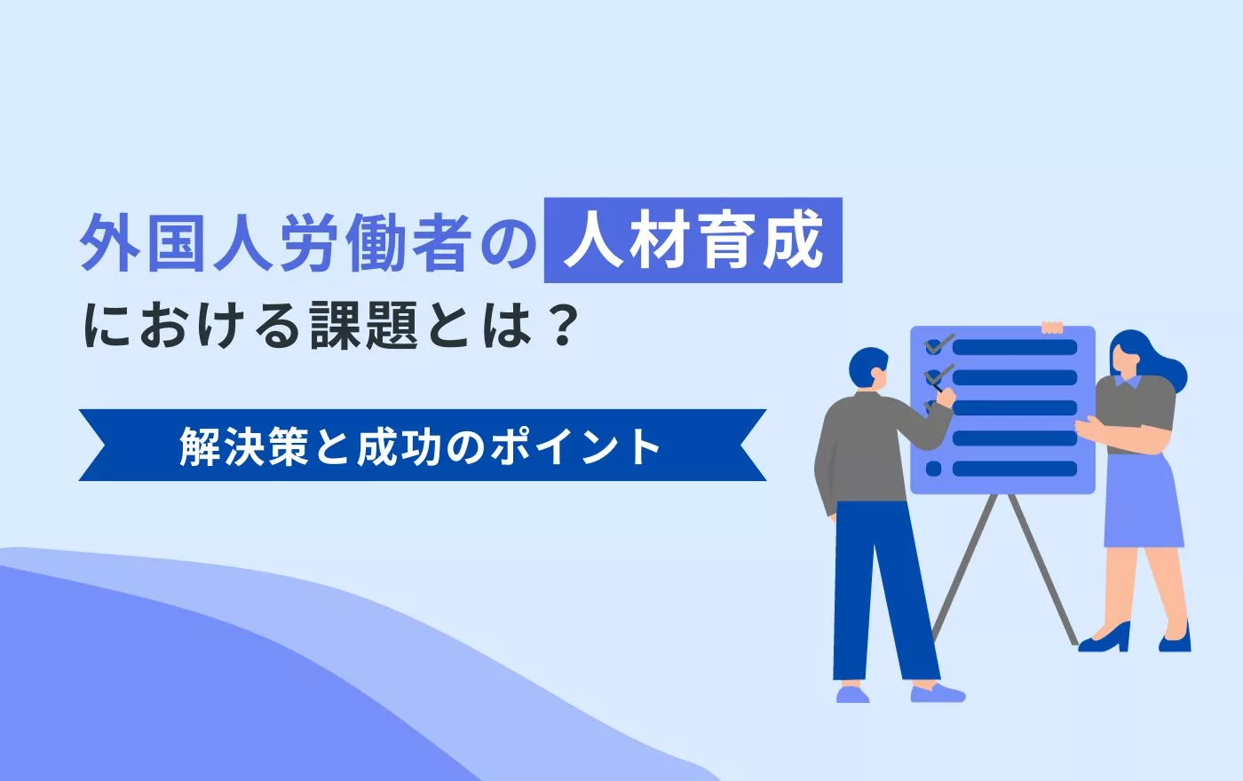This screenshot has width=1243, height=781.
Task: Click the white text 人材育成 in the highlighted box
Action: click(x=693, y=241)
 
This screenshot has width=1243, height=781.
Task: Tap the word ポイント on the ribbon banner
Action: click(x=575, y=446)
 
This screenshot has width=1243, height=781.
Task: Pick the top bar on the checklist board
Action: click(x=1015, y=347)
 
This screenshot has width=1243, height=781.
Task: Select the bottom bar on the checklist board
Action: click(x=1015, y=469)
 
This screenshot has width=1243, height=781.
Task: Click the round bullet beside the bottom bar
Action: click(x=933, y=469)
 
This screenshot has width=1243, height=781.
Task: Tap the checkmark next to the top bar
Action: click(x=939, y=344)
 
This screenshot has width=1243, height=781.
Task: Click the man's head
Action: click(x=868, y=371)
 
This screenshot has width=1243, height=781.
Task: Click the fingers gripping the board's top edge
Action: click(x=1052, y=327)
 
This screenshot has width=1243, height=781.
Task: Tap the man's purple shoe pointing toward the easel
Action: click(x=938, y=693)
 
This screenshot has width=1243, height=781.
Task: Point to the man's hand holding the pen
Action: click(x=945, y=397)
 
